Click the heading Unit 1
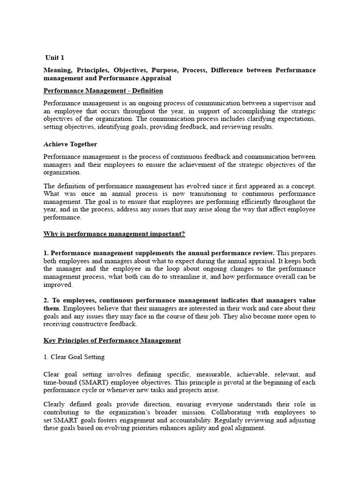tap(55, 57)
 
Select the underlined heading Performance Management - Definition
tap(103, 90)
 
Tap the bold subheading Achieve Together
tap(70, 144)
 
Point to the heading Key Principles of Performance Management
tap(112, 340)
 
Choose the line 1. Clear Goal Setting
tap(74, 357)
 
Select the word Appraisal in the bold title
tap(153, 78)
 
